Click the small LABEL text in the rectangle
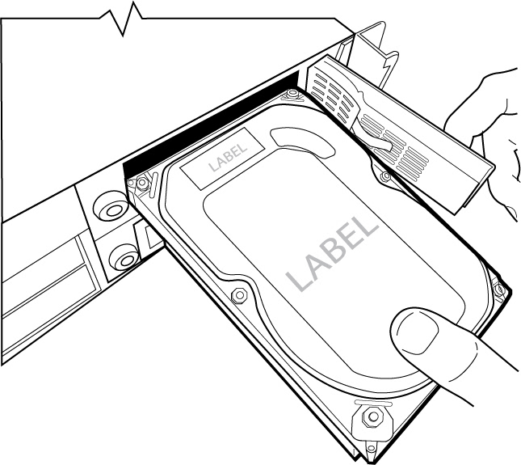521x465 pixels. click(x=225, y=161)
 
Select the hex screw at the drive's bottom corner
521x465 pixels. click(x=373, y=417)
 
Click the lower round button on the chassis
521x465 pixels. click(x=124, y=258)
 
